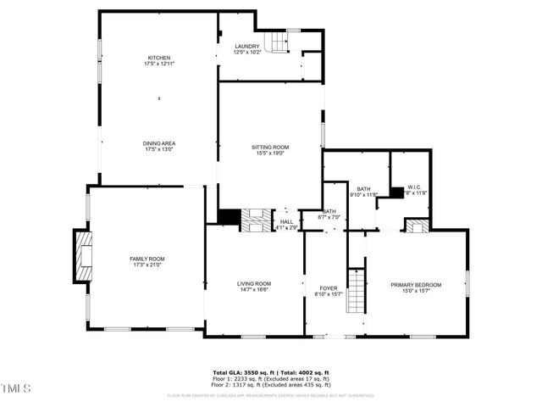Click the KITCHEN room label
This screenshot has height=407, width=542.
pos(159,58)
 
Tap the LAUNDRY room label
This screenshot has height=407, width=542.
pos(247,47)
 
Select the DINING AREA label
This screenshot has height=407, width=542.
pos(159,143)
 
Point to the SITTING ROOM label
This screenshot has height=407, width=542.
pos(271,148)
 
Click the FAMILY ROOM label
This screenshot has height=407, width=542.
pos(147,259)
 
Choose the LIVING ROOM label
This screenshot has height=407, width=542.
pos(253,283)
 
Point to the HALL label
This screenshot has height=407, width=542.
pos(287,222)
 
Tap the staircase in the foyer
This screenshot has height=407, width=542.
pos(358,291)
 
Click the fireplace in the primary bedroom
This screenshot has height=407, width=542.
pos(416,226)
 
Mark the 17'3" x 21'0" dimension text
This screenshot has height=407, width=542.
pos(147,265)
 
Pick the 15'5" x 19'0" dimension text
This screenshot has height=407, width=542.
pos(271,153)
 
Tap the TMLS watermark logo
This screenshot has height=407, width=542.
pos(15,388)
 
